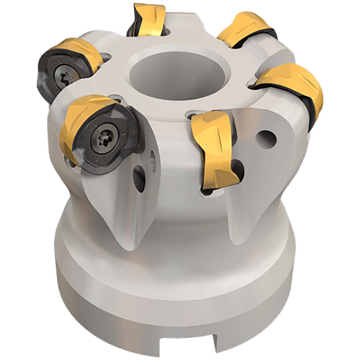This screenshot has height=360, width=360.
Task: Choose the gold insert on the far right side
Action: pyautogui.click(x=295, y=86)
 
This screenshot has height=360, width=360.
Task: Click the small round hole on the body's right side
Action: pyautogui.click(x=268, y=137)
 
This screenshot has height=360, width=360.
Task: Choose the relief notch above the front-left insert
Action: pyautogui.click(x=114, y=97)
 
